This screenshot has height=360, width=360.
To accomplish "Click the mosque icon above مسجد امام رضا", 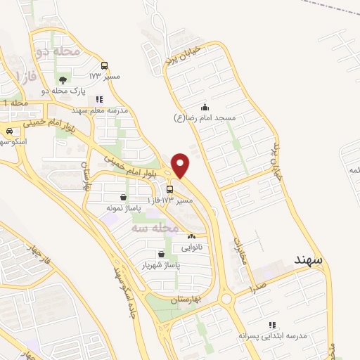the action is tap(204, 107).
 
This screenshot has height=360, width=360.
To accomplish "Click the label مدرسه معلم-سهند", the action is tap(99, 110).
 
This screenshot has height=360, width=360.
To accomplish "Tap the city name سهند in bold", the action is tap(308, 259).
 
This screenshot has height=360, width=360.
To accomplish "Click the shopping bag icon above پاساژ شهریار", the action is tap(162, 255).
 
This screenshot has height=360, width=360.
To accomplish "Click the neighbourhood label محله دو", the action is tap(54, 51).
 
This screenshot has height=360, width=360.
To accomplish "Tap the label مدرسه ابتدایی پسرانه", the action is tap(274, 335).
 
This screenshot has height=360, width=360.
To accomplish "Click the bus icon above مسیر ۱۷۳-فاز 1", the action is tap(169, 190).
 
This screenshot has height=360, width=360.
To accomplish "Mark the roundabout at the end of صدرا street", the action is tap(226, 299).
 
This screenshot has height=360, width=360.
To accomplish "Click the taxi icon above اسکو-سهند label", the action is tap(9, 131).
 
